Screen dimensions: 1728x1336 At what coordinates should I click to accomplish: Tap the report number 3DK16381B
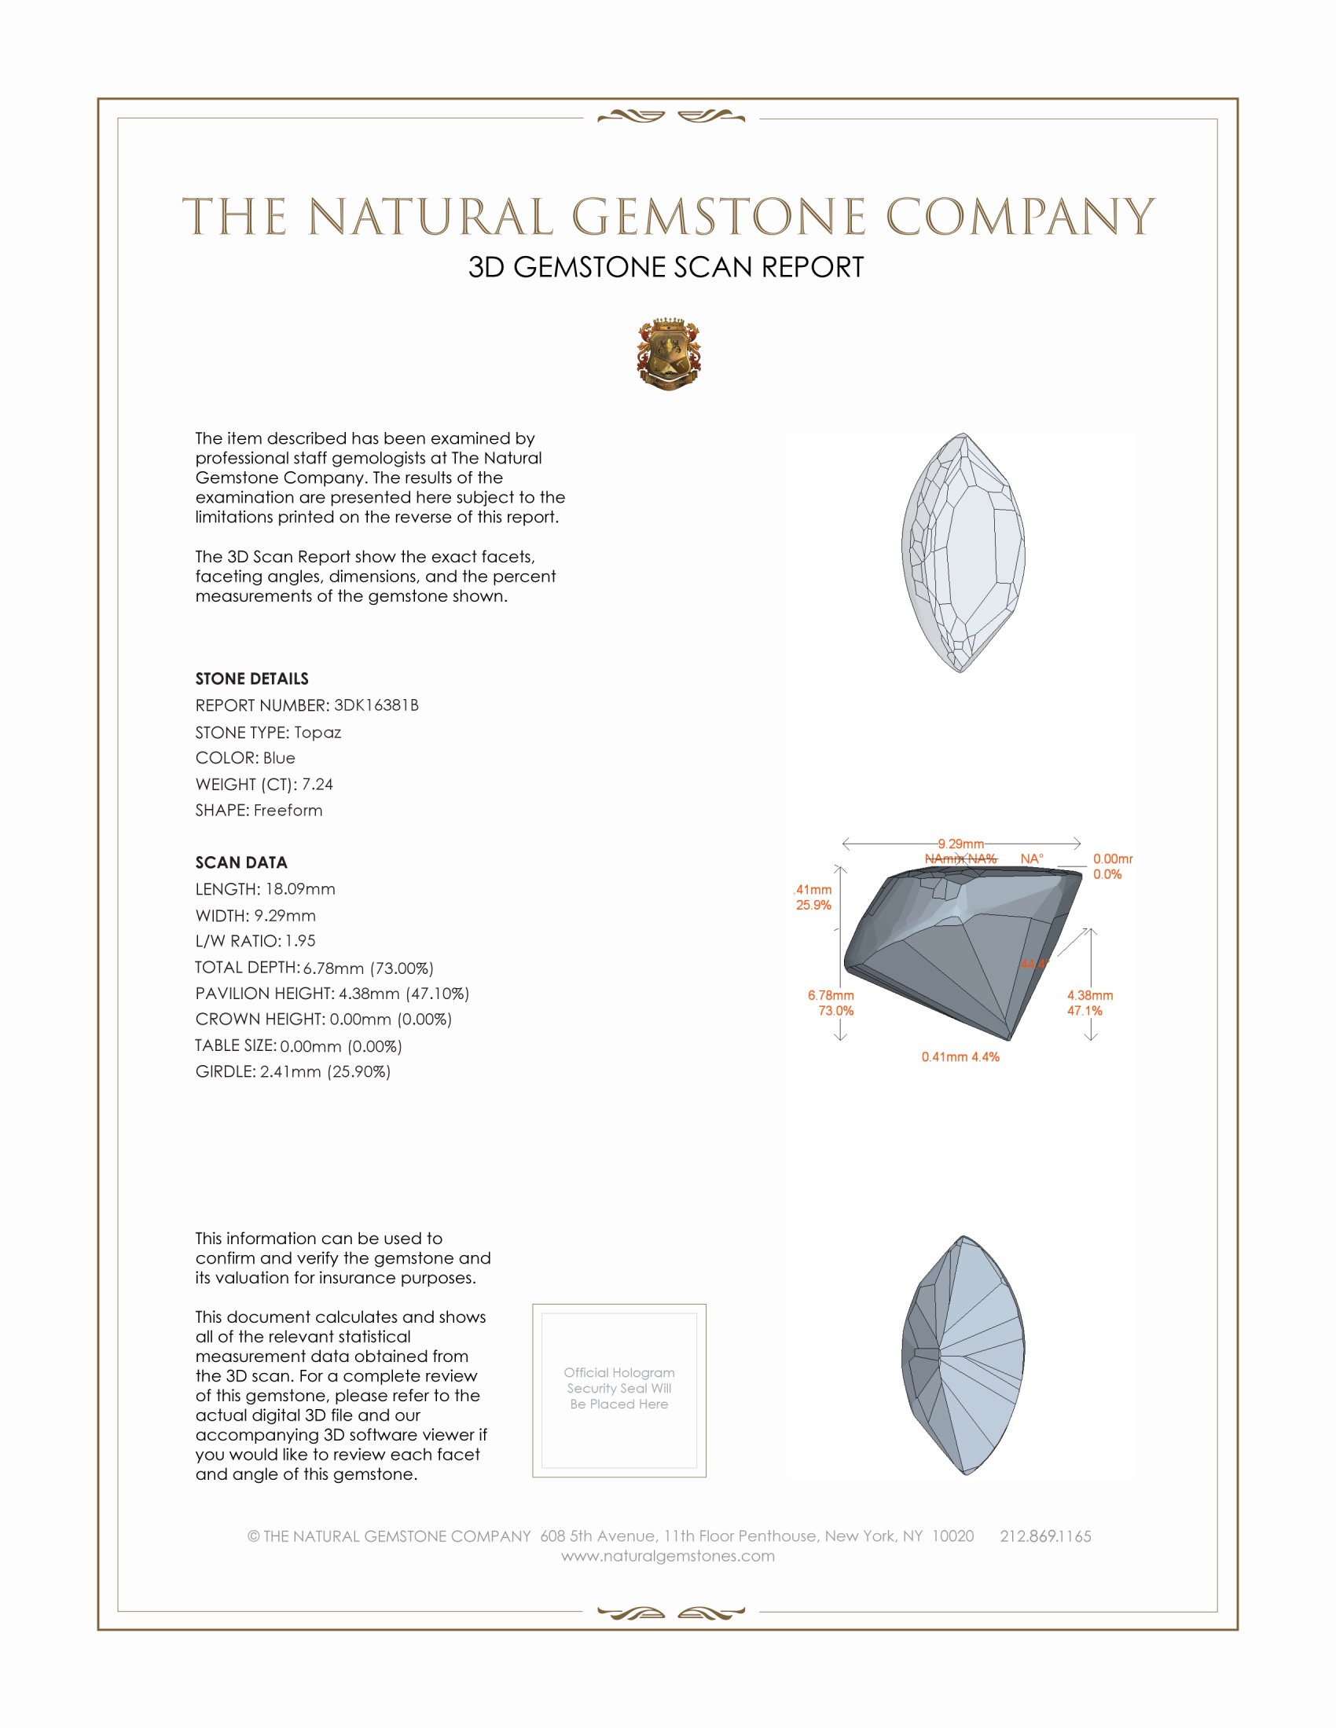pyautogui.click(x=376, y=705)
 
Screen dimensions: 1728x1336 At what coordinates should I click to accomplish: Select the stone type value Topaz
pyautogui.click(x=317, y=732)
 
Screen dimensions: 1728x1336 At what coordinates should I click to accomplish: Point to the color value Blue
pyautogui.click(x=279, y=758)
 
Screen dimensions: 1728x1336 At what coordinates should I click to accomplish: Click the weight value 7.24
pyautogui.click(x=317, y=784)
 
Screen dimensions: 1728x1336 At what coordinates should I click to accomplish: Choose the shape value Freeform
pyautogui.click(x=288, y=811)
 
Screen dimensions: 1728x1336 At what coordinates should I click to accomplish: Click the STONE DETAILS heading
pyautogui.click(x=251, y=679)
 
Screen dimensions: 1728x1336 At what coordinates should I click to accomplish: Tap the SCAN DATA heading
pyautogui.click(x=241, y=862)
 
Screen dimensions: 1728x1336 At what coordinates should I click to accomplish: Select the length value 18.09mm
pyautogui.click(x=300, y=889)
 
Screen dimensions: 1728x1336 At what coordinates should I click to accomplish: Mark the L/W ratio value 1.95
pyautogui.click(x=300, y=941)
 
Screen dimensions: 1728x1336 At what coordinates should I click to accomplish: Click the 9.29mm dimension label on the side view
pyautogui.click(x=961, y=844)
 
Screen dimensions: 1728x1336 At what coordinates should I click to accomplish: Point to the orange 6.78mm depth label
pyautogui.click(x=830, y=995)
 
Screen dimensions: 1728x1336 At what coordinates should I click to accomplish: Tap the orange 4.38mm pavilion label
pyautogui.click(x=1089, y=995)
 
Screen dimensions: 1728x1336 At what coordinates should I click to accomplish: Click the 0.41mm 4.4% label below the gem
pyautogui.click(x=960, y=1057)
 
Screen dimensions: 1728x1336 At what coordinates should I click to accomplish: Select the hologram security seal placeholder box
pyautogui.click(x=619, y=1390)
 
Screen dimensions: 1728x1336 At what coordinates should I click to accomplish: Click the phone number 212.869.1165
pyautogui.click(x=1044, y=1536)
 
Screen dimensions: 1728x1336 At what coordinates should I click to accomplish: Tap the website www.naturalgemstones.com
pyautogui.click(x=668, y=1556)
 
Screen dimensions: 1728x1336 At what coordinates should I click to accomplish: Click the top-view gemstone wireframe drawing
pyautogui.click(x=963, y=553)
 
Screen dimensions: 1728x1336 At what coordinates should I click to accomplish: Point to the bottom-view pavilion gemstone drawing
pyautogui.click(x=963, y=1356)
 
